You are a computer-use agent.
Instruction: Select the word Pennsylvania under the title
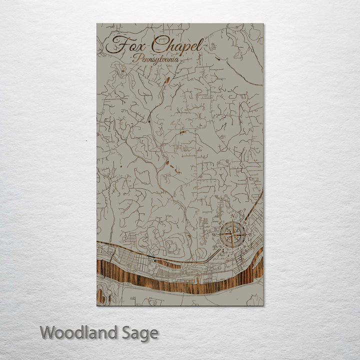156,59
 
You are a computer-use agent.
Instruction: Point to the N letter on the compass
233,216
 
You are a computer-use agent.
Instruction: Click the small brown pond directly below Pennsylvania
166,79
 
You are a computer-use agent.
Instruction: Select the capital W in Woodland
48,332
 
